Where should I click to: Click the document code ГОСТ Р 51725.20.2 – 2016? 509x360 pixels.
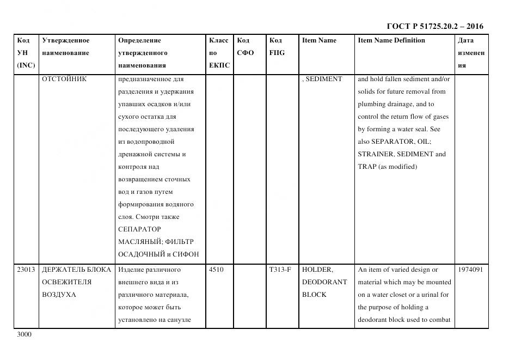(434, 26)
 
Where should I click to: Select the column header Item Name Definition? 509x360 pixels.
(391, 40)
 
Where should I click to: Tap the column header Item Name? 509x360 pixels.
(319, 40)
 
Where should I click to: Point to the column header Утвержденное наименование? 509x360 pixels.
(65, 46)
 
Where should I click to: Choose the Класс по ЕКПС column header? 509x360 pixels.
(219, 53)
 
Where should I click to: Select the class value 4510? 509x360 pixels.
(216, 270)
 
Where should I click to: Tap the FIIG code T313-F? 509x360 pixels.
(280, 270)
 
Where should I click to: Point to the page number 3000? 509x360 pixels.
(24, 334)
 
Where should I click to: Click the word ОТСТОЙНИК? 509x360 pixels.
(64, 79)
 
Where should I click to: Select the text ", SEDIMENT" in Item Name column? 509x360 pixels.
(322, 79)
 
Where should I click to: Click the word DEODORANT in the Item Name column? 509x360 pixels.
(324, 282)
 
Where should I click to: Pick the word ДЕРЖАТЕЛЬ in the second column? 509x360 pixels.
(60, 270)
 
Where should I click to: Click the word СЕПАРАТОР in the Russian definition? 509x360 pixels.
(139, 229)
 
